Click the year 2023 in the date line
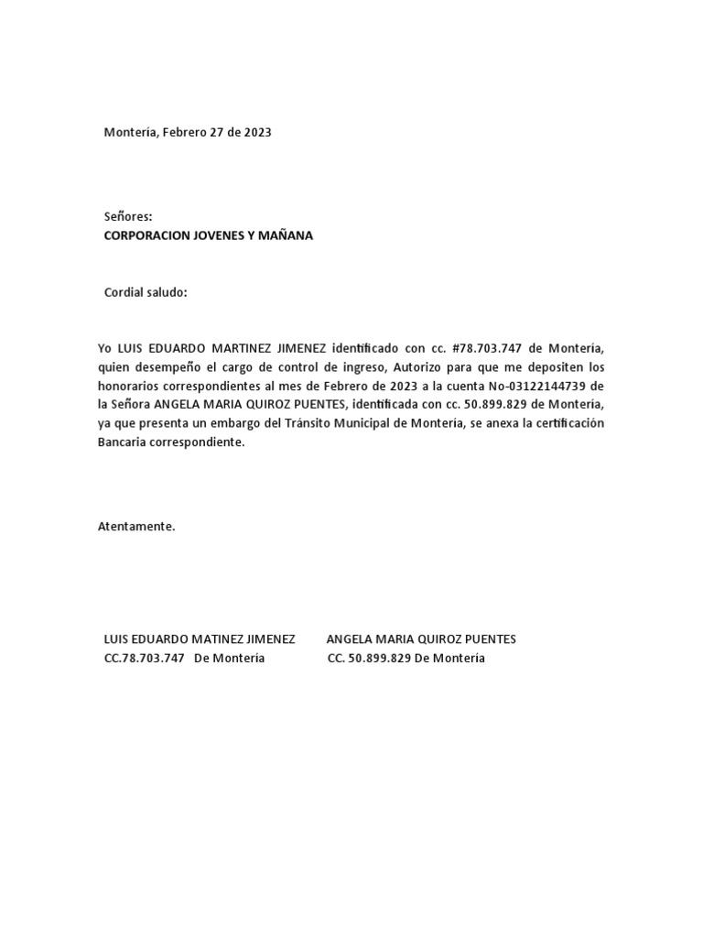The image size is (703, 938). pyautogui.click(x=257, y=132)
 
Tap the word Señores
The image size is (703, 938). pyautogui.click(x=128, y=217)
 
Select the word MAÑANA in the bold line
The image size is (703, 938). pyautogui.click(x=288, y=235)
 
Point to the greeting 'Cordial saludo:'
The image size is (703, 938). pyautogui.click(x=146, y=292)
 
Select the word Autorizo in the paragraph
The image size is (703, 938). pyautogui.click(x=419, y=367)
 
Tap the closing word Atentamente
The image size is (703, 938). pyautogui.click(x=135, y=527)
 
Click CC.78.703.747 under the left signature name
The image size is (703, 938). pyautogui.click(x=145, y=659)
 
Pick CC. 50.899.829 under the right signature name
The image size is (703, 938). pyautogui.click(x=369, y=659)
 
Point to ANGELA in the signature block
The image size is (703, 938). pyautogui.click(x=348, y=639)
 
